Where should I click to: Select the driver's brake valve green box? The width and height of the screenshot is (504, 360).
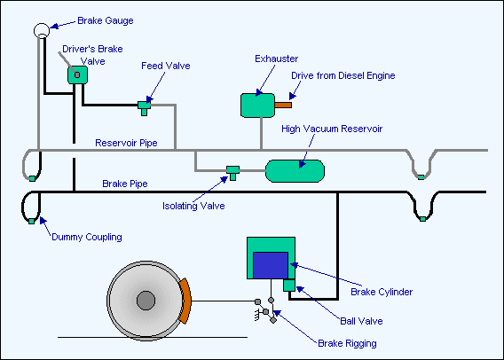(x=77, y=75)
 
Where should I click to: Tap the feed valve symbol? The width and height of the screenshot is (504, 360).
(x=145, y=108)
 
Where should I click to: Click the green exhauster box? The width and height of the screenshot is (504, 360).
(x=258, y=106)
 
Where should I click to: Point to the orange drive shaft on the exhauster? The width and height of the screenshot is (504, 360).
(x=283, y=105)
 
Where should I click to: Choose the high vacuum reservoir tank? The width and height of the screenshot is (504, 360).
(x=295, y=171)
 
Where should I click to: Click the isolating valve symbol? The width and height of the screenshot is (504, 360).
(x=233, y=173)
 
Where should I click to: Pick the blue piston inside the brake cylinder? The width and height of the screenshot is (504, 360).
(x=271, y=265)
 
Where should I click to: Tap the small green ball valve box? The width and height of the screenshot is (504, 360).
(x=289, y=286)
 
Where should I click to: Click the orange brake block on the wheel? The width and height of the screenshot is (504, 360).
(x=185, y=301)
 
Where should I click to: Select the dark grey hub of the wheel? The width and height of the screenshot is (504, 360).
(x=146, y=301)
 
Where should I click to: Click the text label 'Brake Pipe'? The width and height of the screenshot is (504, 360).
(x=125, y=184)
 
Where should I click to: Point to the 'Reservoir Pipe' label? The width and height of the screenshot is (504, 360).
(x=126, y=143)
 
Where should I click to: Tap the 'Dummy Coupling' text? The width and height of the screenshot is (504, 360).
(x=87, y=237)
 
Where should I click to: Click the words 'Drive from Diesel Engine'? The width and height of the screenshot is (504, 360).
(x=343, y=75)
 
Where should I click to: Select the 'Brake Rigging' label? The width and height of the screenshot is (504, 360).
(x=347, y=343)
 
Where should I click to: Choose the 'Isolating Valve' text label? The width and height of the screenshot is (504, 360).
(x=193, y=206)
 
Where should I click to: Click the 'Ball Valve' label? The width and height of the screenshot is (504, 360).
(x=361, y=321)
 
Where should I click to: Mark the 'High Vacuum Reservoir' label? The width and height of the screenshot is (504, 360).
(x=332, y=129)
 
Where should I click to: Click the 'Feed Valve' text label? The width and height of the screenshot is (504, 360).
(x=166, y=66)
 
